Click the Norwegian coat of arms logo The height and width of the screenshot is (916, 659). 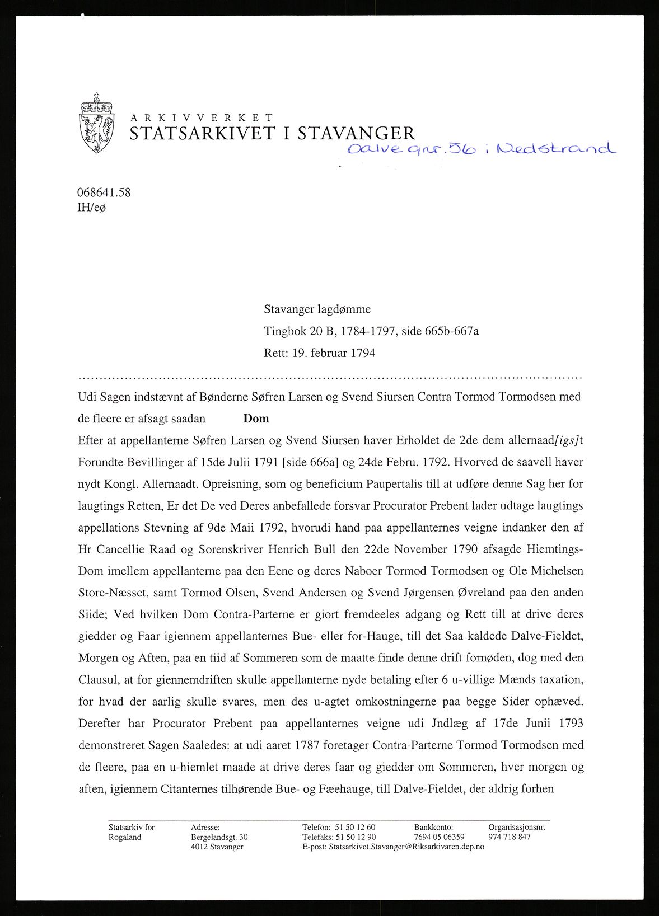[97, 123]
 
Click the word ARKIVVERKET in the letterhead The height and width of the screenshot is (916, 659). [202, 118]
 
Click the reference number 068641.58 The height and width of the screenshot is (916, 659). [104, 192]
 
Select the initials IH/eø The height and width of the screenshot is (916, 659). [91, 207]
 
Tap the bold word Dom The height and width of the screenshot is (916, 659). [256, 419]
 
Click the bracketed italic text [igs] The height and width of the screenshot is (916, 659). [566, 440]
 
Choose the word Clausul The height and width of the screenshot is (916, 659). [99, 680]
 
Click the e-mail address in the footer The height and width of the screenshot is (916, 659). [406, 847]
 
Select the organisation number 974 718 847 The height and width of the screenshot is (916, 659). [509, 837]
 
